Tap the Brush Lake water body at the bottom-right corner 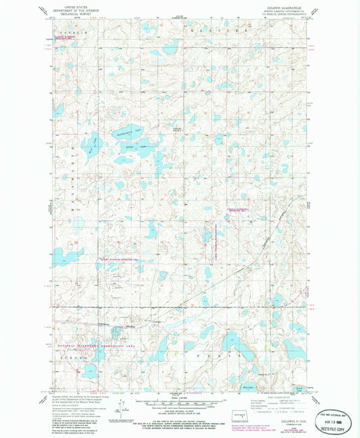(x=298, y=389)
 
